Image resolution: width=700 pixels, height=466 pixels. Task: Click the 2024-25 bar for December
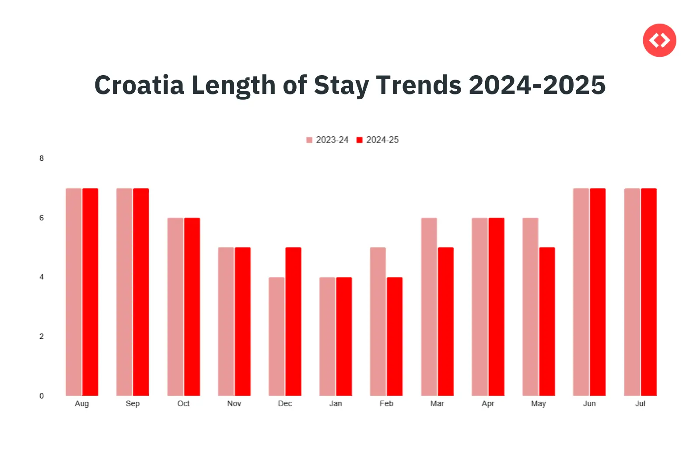point(293,321)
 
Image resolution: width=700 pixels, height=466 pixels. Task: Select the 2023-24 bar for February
point(378,321)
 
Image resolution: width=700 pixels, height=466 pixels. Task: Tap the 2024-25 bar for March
point(445,321)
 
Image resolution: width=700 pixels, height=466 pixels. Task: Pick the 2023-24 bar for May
point(530,306)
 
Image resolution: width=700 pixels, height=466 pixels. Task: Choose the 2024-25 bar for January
point(344,336)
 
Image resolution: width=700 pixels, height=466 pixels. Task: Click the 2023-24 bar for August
point(73,292)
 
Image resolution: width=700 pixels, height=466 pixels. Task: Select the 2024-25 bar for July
point(649,292)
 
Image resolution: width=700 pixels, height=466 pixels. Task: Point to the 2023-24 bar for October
point(175,306)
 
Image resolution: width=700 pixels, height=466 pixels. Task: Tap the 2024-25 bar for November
point(242,321)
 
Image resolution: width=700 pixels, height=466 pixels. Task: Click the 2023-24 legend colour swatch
point(309,140)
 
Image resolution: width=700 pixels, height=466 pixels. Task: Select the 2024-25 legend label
point(382,140)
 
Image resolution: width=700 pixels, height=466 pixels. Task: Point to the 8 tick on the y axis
point(42,158)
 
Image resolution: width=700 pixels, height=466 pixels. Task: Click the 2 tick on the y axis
point(42,336)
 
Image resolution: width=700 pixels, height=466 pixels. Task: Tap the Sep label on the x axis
point(133,403)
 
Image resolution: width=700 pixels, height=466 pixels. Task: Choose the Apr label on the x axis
point(488,403)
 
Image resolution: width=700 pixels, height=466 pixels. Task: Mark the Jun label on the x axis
point(589,403)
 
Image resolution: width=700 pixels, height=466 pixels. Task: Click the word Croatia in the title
point(139,85)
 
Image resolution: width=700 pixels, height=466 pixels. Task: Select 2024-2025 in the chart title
point(537,85)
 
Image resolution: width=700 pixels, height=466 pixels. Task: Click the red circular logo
point(659,40)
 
